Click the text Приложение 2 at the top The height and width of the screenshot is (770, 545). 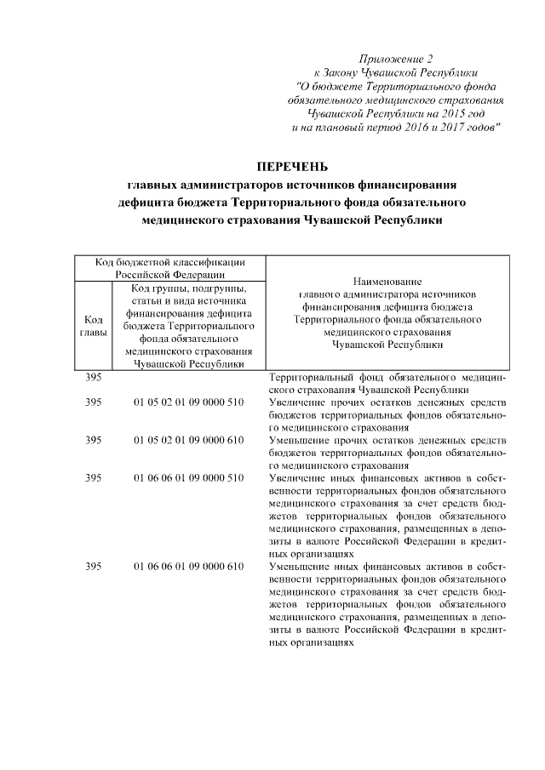coord(396,59)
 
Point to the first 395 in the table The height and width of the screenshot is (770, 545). coord(94,376)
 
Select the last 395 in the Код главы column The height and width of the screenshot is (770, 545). coord(94,568)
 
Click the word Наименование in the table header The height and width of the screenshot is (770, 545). coord(387,281)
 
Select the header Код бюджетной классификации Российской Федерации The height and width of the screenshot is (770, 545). coord(170,268)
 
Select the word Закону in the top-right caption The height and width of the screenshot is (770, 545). coord(345,72)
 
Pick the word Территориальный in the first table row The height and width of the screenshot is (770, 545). coord(312,376)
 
